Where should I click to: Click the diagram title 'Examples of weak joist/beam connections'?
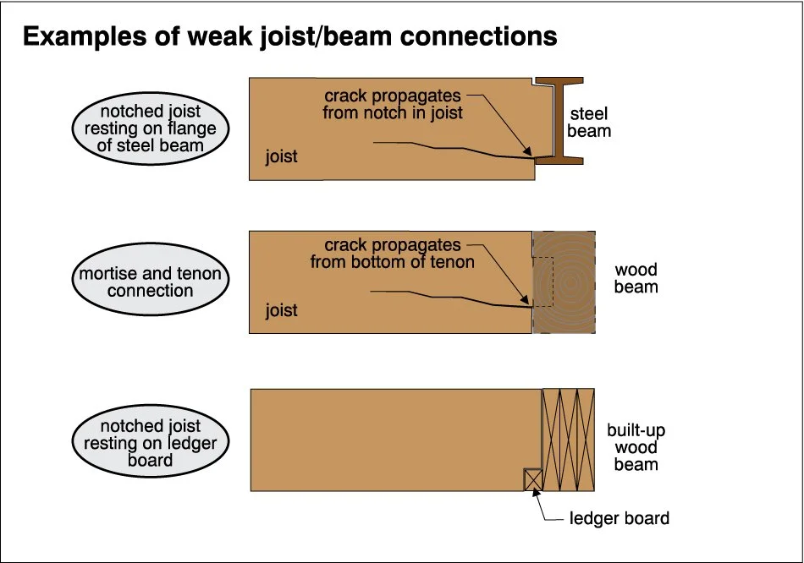289,37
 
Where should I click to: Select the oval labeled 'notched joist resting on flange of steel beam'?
150,129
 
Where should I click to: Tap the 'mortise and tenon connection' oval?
150,282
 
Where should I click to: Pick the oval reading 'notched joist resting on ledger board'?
150,443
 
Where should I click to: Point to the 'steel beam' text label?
589,123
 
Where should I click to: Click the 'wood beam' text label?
636,278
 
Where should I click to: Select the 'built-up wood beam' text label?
636,448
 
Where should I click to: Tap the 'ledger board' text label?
620,518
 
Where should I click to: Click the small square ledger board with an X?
533,480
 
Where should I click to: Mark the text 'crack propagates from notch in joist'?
393,104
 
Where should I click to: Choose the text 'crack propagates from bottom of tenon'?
392,254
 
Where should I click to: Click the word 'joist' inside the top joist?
282,157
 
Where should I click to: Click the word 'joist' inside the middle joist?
282,310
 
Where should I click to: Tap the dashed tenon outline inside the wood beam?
542,282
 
